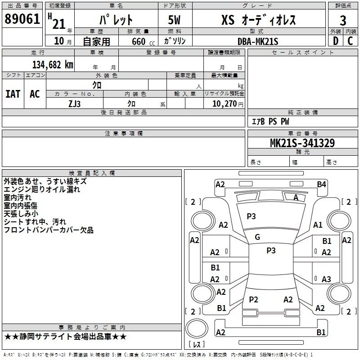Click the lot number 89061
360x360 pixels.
pyautogui.click(x=22, y=19)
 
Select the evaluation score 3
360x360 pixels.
pyautogui.click(x=343, y=20)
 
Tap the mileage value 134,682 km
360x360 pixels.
pyautogui.click(x=53, y=64)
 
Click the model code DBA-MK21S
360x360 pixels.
pyautogui.click(x=258, y=41)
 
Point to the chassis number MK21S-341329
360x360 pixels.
pyautogui.click(x=302, y=143)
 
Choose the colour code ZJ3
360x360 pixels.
pyautogui.click(x=75, y=103)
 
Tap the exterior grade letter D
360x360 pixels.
pyautogui.click(x=336, y=41)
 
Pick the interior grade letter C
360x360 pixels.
pyautogui.click(x=350, y=41)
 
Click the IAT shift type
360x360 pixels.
pyautogui.click(x=13, y=94)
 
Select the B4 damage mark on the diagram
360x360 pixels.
pyautogui.click(x=321, y=184)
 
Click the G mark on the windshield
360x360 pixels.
pyautogui.click(x=257, y=237)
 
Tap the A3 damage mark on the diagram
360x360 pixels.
pyautogui.click(x=326, y=279)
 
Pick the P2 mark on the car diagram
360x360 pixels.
pyautogui.click(x=253, y=299)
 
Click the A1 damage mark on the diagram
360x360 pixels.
pyautogui.click(x=318, y=225)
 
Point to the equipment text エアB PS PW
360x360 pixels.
pyautogui.click(x=270, y=122)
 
